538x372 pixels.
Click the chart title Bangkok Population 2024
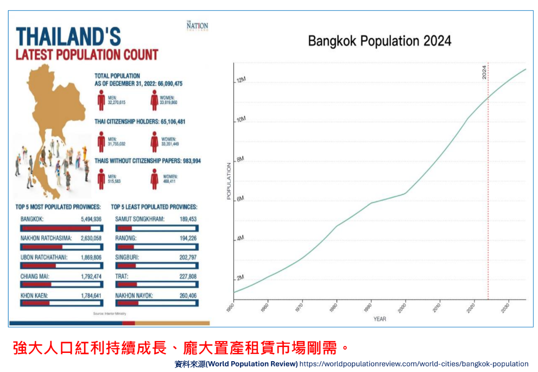[379, 41]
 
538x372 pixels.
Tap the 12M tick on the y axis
[241, 80]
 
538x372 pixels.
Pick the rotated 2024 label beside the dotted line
[484, 72]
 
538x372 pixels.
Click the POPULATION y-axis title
[229, 180]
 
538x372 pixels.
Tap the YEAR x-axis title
[379, 319]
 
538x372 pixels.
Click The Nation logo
[197, 26]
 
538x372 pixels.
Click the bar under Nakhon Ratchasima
[61, 247]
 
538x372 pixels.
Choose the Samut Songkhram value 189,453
[186, 219]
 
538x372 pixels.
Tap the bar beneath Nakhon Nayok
[156, 303]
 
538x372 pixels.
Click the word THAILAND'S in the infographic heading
[68, 37]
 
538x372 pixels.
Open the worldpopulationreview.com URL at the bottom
[414, 364]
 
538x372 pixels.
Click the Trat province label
[122, 276]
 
